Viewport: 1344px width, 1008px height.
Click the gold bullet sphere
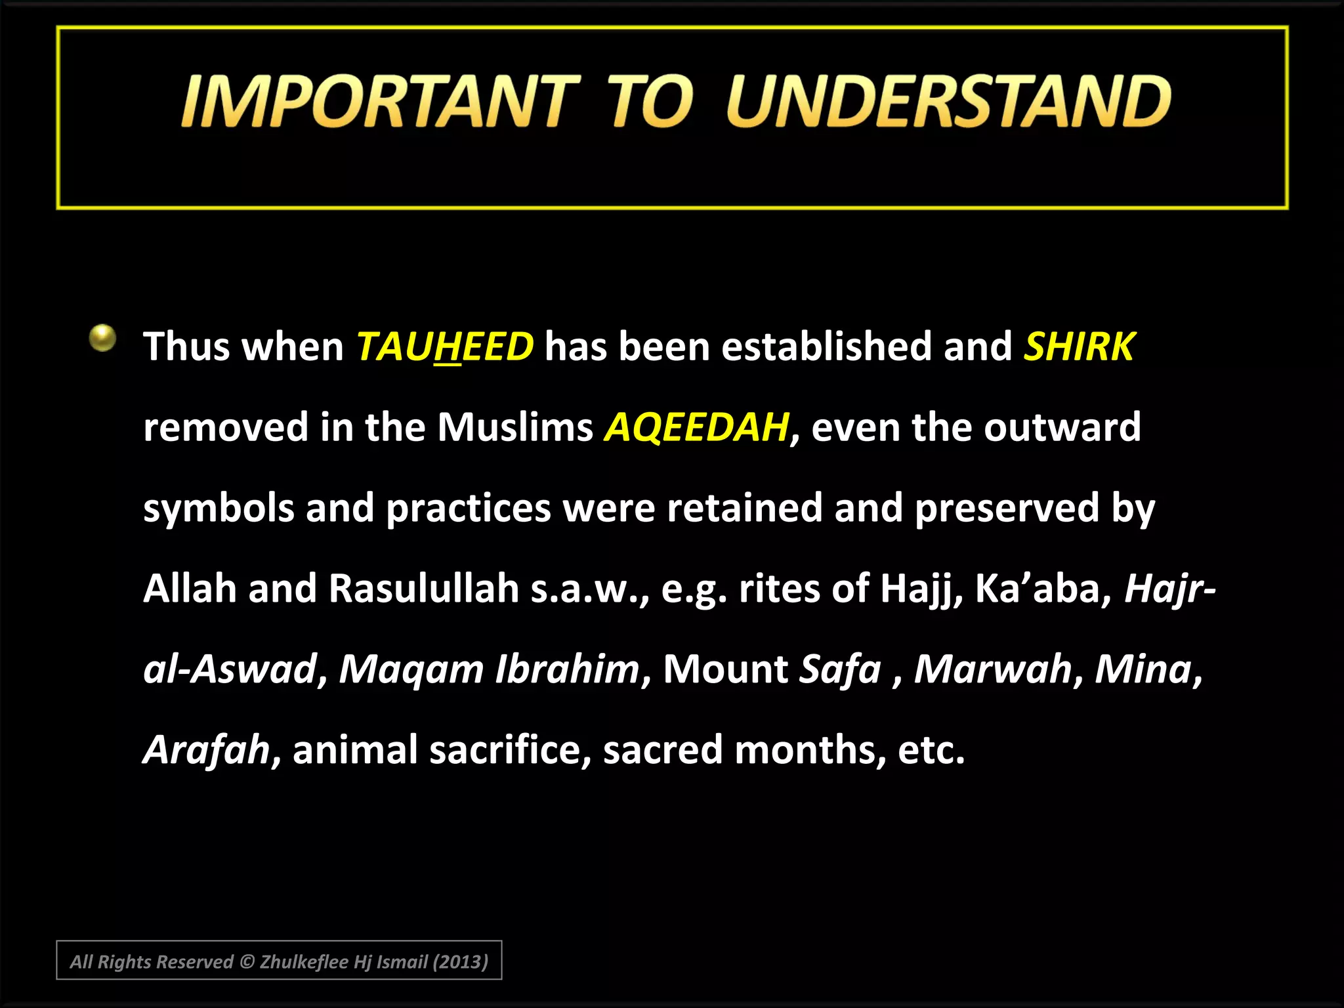click(103, 338)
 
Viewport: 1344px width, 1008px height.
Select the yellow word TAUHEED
click(445, 346)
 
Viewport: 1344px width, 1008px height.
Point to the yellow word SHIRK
click(1079, 346)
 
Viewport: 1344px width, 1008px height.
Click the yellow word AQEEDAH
click(696, 427)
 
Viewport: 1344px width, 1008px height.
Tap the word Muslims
click(515, 427)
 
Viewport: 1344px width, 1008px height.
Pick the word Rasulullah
click(424, 588)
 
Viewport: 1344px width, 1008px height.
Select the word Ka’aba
click(1041, 588)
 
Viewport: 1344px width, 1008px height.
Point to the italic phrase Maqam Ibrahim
click(489, 669)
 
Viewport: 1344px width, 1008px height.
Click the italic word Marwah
click(993, 669)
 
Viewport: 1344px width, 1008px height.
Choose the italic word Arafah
click(206, 749)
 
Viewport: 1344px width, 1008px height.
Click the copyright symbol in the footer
click(247, 962)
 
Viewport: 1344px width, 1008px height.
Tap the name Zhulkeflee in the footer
click(304, 962)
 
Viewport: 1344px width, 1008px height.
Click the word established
click(826, 346)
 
